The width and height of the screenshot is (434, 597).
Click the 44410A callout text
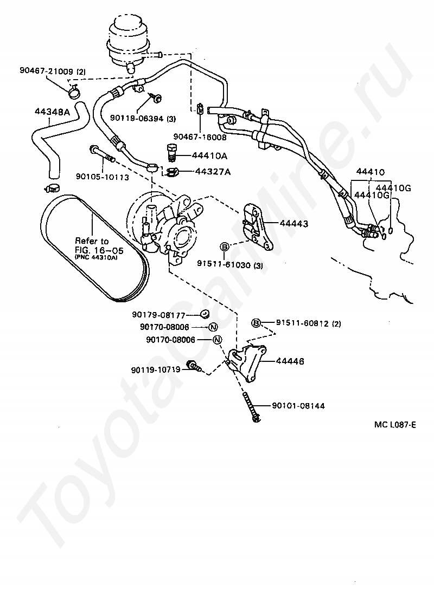209,156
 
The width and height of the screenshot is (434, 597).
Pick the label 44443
293,223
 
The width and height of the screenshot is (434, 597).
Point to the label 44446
289,361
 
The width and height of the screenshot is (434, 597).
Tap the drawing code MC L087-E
394,424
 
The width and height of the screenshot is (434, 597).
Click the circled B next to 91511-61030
224,247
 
